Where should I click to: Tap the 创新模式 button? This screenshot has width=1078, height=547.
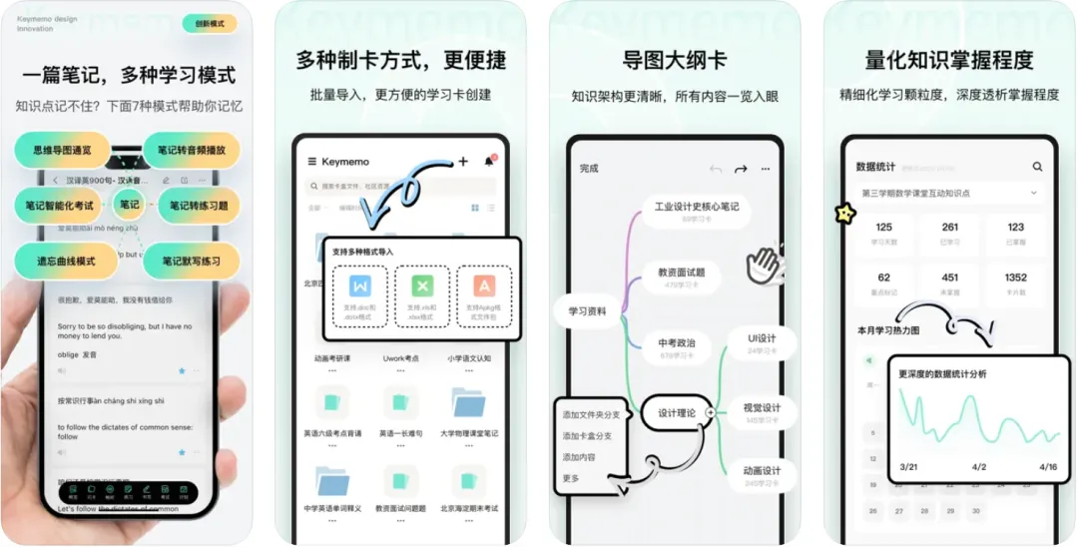coord(210,23)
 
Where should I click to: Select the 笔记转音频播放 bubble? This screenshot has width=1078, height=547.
coord(192,151)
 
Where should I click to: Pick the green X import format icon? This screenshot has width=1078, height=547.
coord(422,286)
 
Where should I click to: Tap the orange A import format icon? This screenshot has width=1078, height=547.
coord(484,286)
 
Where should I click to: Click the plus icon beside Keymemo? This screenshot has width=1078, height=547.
coord(463,161)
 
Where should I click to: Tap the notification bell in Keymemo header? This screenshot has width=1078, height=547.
coord(489,161)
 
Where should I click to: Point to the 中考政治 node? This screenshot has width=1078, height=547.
coord(678,343)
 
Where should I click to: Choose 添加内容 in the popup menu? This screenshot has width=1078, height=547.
coord(579,457)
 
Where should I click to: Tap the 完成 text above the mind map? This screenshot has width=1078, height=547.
coord(589,169)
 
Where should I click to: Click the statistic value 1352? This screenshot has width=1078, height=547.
coord(1015,277)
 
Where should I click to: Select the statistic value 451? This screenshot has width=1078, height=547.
coord(949,277)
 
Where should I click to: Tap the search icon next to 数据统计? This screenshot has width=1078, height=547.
coord(1037,167)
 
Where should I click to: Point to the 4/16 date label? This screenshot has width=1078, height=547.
coord(1047,466)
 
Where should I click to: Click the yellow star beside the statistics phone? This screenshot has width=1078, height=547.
coord(845,213)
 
